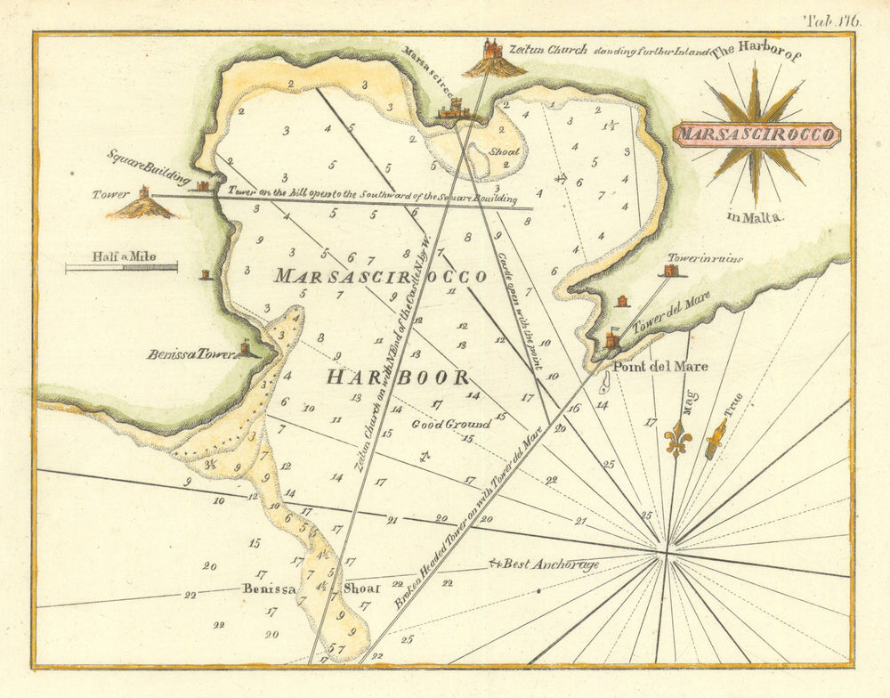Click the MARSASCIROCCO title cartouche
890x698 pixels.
pos(755,135)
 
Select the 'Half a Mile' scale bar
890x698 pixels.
pos(121,266)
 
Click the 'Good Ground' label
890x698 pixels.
pos(450,424)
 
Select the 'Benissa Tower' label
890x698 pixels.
pos(190,353)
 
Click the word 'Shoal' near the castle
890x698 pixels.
pos(504,151)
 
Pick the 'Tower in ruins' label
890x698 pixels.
pos(705,259)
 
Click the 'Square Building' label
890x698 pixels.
pos(150,166)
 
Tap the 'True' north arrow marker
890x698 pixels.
pos(716,438)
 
